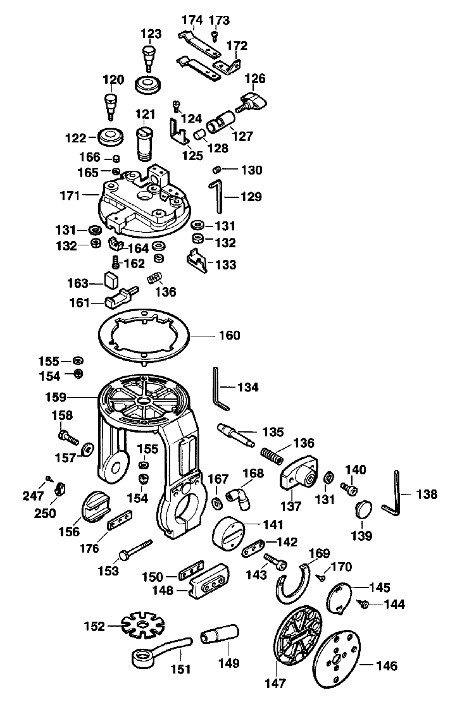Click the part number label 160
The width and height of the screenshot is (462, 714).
[229, 335]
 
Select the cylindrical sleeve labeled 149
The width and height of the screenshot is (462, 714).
[219, 634]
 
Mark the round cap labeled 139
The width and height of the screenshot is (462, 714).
[363, 510]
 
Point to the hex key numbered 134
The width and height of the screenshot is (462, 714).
[219, 387]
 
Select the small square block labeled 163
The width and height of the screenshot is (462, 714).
[112, 280]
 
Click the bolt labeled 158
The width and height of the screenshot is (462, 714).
[66, 436]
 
